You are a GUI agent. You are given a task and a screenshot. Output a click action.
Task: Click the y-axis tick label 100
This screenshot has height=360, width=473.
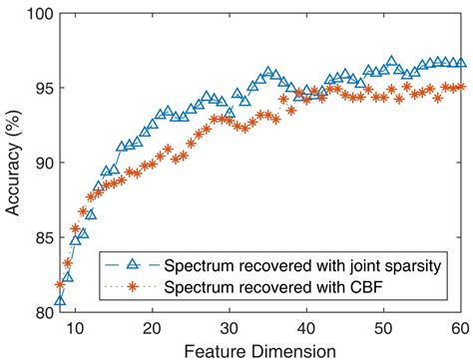coord(36,13)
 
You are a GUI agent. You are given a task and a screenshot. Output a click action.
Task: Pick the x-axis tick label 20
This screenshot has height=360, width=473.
coord(152,328)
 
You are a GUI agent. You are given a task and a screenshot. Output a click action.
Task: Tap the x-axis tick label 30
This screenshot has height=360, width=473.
coord(229,328)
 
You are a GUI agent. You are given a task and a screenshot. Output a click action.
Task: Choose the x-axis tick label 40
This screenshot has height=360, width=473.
coord(305,328)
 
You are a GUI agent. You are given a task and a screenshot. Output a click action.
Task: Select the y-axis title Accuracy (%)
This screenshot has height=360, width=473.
coord(12,163)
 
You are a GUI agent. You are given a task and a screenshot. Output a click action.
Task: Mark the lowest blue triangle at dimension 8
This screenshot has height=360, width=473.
coord(60,300)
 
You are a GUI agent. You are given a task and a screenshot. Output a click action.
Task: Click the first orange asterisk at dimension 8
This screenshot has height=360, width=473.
coord(60,285)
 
